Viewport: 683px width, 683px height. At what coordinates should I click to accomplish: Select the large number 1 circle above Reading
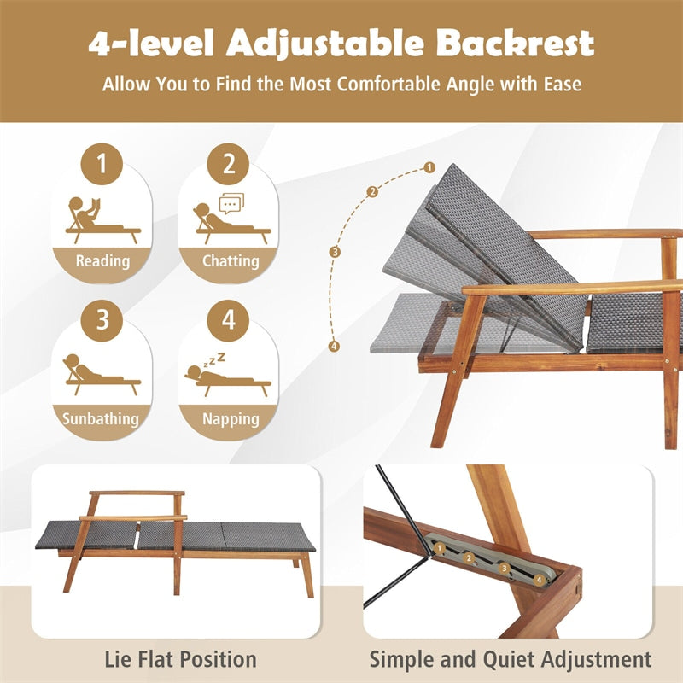pos(102,164)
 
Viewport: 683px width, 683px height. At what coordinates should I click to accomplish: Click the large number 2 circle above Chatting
pos(228,164)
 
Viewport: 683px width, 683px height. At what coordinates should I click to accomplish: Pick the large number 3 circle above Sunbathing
pos(102,320)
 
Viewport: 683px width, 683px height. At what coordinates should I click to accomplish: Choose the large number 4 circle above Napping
pos(228,320)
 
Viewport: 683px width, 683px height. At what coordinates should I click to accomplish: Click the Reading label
pos(102,261)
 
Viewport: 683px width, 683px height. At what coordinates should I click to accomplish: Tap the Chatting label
pos(230,261)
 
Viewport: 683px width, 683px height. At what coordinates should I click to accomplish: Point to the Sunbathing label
pos(101,418)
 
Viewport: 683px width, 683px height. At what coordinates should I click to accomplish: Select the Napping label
pos(231,418)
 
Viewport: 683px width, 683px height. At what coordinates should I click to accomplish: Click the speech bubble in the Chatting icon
pos(231,203)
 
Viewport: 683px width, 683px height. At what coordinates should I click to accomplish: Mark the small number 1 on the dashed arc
pos(429,168)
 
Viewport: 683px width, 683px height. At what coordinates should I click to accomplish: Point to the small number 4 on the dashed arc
pos(335,346)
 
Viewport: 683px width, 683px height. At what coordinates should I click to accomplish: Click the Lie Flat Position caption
pos(180,659)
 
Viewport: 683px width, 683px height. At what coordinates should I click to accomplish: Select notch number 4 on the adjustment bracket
pos(540,579)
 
